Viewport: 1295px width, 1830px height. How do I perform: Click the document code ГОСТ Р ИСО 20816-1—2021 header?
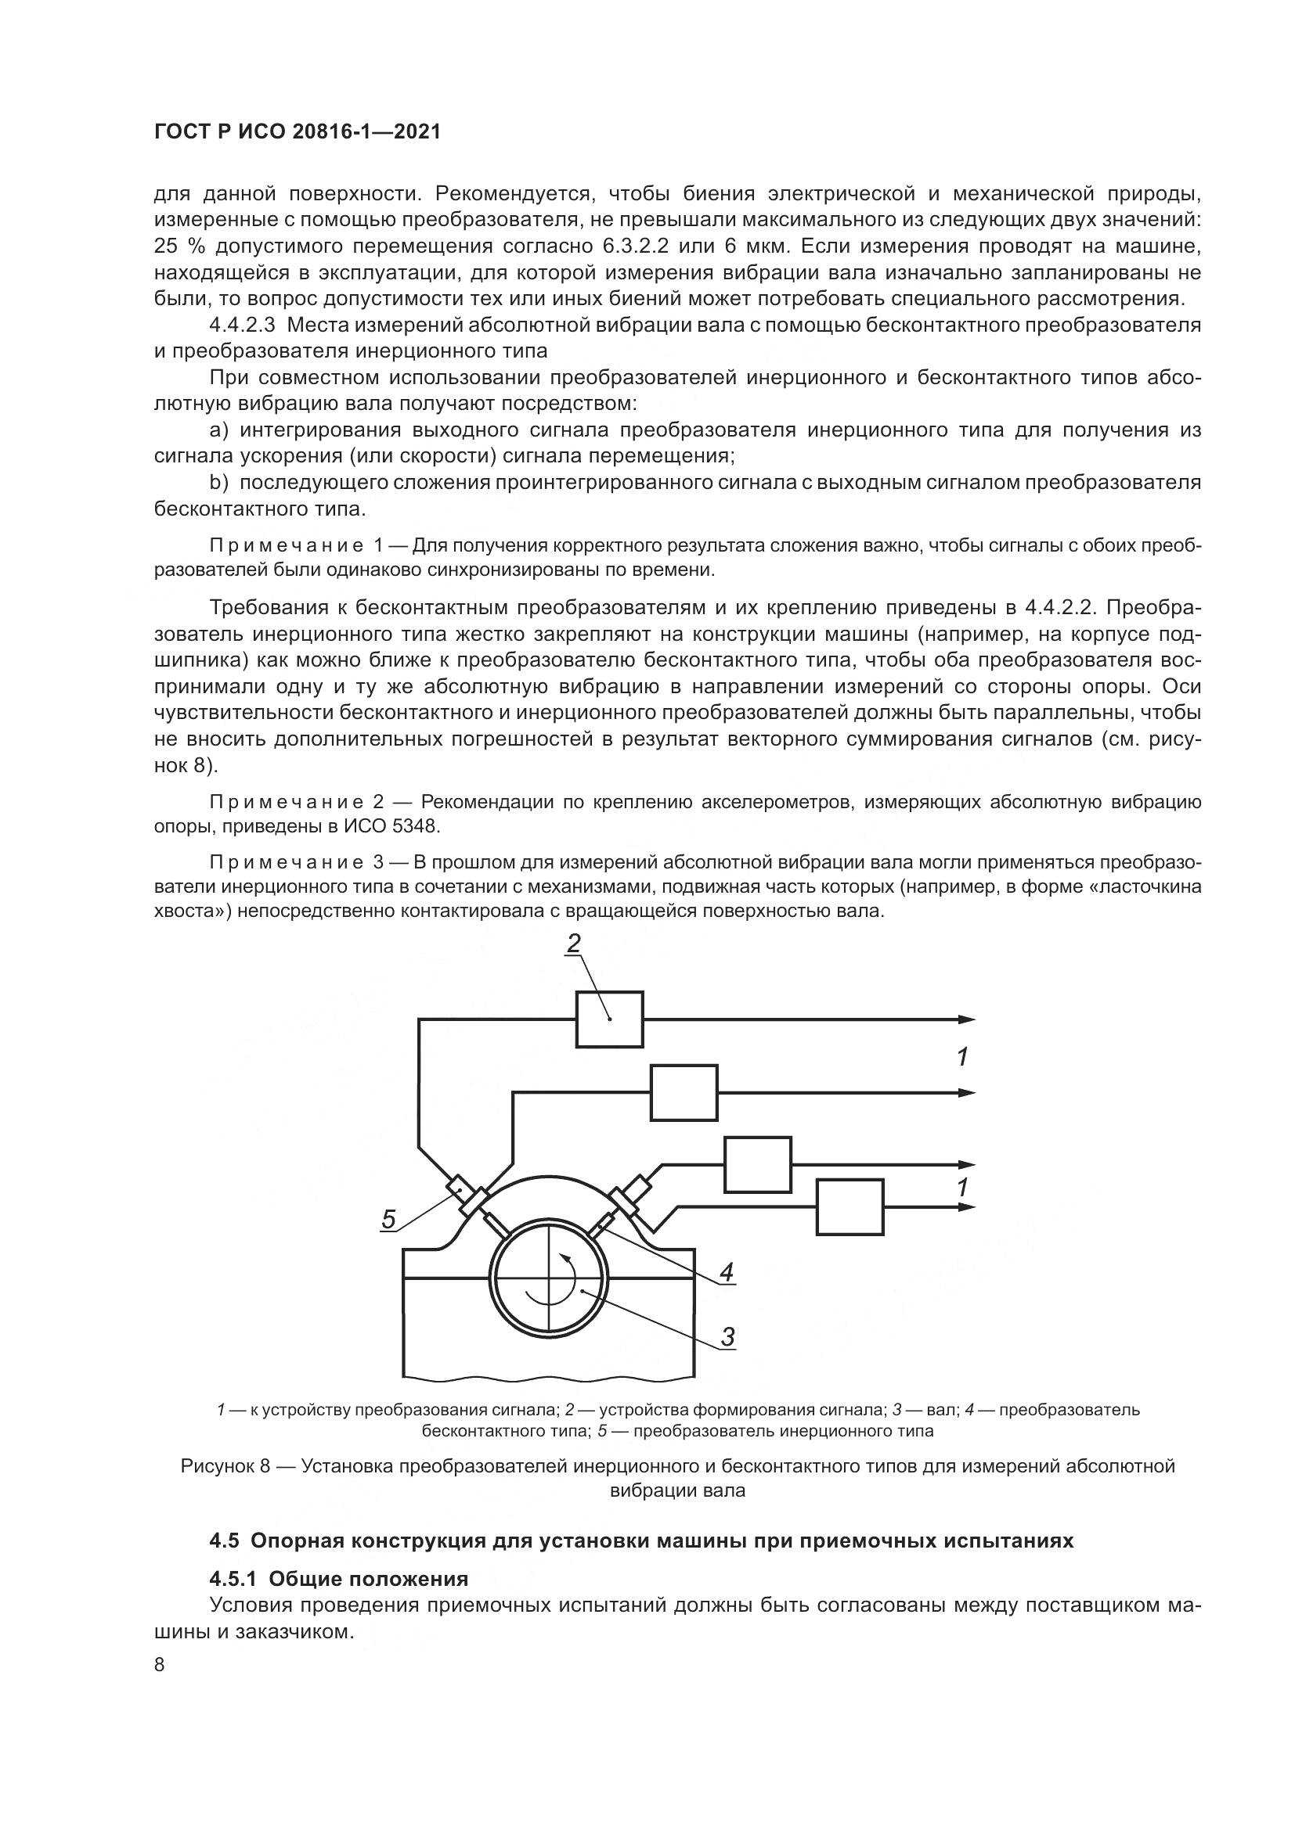tap(297, 132)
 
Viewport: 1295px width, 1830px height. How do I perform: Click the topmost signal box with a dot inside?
tap(609, 1019)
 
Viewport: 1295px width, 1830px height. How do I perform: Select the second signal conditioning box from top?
tap(684, 1093)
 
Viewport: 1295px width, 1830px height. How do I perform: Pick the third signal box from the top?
tap(758, 1164)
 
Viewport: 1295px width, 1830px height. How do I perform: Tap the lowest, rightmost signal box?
tap(850, 1207)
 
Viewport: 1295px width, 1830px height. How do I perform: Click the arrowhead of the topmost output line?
tap(967, 1019)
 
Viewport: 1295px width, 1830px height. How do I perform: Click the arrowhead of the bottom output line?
tap(967, 1207)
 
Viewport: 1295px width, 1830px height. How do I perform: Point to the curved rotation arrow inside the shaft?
tap(568, 1282)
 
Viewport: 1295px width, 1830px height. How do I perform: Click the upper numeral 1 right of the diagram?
tap(962, 1058)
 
